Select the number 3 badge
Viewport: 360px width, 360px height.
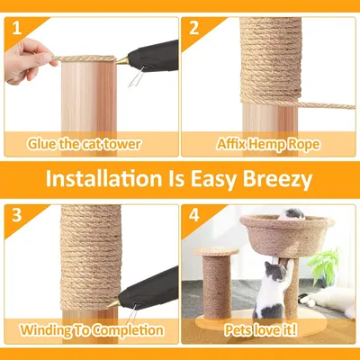15,215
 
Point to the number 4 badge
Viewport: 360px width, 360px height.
193,215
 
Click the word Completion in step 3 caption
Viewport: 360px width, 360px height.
122,330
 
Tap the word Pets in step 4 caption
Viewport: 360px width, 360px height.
239,330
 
